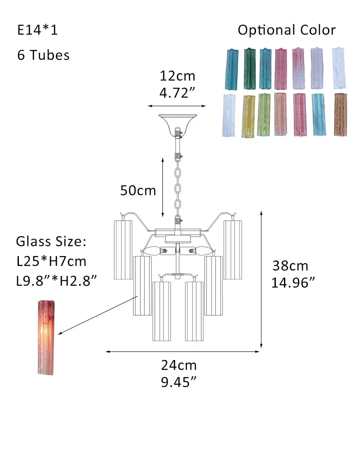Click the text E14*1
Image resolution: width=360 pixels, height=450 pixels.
(x=38, y=31)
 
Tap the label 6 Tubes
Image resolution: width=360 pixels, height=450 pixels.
(x=44, y=55)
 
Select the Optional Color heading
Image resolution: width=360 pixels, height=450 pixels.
(x=287, y=31)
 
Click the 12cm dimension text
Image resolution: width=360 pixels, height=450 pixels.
(x=177, y=76)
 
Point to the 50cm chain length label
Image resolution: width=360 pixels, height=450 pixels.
(x=138, y=191)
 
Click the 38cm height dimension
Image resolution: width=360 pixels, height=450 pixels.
(x=290, y=266)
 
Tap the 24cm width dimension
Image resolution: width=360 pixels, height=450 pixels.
(x=179, y=365)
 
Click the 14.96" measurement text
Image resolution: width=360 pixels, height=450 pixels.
(x=293, y=283)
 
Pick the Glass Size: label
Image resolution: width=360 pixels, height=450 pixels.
(x=51, y=242)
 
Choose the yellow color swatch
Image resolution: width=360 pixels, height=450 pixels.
(x=248, y=116)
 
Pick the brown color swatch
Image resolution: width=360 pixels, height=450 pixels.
(x=341, y=114)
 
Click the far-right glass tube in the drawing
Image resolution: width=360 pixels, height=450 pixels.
(x=233, y=249)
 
